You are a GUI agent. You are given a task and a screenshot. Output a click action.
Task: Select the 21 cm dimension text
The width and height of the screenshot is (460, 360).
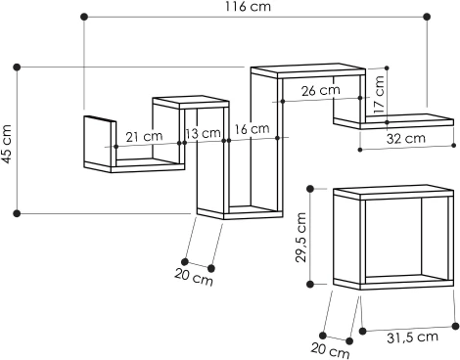[x=144, y=136]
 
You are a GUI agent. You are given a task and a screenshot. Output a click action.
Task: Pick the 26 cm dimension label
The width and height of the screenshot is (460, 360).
[x=321, y=91]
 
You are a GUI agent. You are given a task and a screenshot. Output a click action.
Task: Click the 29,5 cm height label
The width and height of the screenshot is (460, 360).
[x=302, y=238]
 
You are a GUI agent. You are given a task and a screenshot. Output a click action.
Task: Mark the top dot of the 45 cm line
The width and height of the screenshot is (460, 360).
[x=17, y=67]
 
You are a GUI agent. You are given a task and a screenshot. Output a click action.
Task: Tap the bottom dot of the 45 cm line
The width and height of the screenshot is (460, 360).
[x=17, y=212]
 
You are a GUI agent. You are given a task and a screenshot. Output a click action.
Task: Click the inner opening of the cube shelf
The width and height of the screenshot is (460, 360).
[x=391, y=239]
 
